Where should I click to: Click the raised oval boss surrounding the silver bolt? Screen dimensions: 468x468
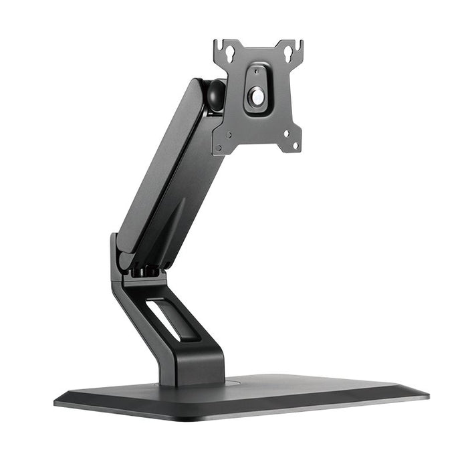(x=257, y=88)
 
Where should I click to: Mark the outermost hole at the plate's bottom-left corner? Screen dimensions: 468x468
(x=219, y=144)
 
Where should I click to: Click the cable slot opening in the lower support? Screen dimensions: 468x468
(x=162, y=320)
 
